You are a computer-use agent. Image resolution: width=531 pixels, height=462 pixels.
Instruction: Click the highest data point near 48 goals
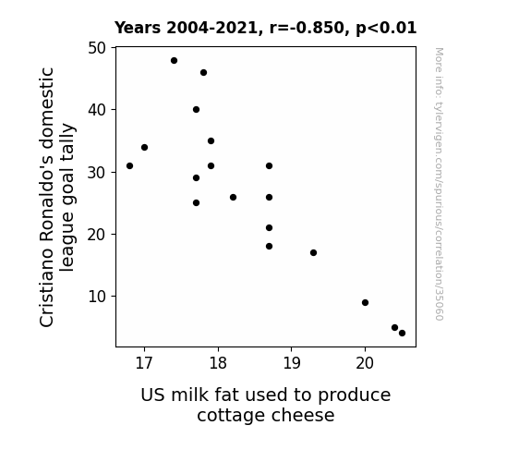(x=174, y=61)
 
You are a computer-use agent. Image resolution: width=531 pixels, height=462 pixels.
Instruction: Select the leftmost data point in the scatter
(x=129, y=165)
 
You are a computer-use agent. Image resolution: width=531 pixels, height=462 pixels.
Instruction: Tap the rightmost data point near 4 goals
(x=402, y=334)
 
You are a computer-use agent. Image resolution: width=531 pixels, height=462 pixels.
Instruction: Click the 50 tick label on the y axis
(x=97, y=48)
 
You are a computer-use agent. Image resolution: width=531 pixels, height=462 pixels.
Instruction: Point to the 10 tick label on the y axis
(x=97, y=297)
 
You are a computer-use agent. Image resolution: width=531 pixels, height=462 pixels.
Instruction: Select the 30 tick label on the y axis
(x=97, y=173)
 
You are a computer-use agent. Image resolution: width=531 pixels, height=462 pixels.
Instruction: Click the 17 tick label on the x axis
(x=144, y=363)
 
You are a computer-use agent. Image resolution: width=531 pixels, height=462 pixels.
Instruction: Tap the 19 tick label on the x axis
(x=292, y=363)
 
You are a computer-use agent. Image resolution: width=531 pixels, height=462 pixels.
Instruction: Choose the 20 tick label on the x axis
(x=365, y=363)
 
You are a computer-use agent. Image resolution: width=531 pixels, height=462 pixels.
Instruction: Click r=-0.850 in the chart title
(x=308, y=28)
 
